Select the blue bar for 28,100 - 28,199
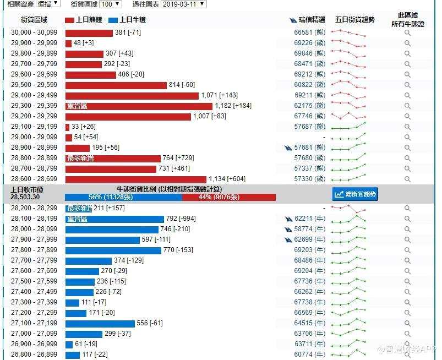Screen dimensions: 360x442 tap(114, 219)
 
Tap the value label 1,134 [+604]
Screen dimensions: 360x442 tap(227, 179)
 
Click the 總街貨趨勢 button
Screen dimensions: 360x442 tap(356, 194)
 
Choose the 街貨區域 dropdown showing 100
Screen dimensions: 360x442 tap(111, 4)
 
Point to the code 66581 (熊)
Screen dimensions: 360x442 tap(309, 32)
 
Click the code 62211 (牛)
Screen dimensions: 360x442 tap(309, 219)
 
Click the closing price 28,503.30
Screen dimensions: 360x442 tap(25, 197)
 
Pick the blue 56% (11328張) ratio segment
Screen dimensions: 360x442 tap(123, 197)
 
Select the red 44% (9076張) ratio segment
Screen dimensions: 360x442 tap(229, 197)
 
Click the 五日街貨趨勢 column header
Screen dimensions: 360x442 tap(354, 20)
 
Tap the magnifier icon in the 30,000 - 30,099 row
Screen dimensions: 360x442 tap(407, 32)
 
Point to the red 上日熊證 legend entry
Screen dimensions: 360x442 tap(83, 20)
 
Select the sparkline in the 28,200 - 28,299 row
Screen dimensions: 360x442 tap(348, 209)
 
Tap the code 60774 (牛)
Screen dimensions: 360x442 tap(309, 354)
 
